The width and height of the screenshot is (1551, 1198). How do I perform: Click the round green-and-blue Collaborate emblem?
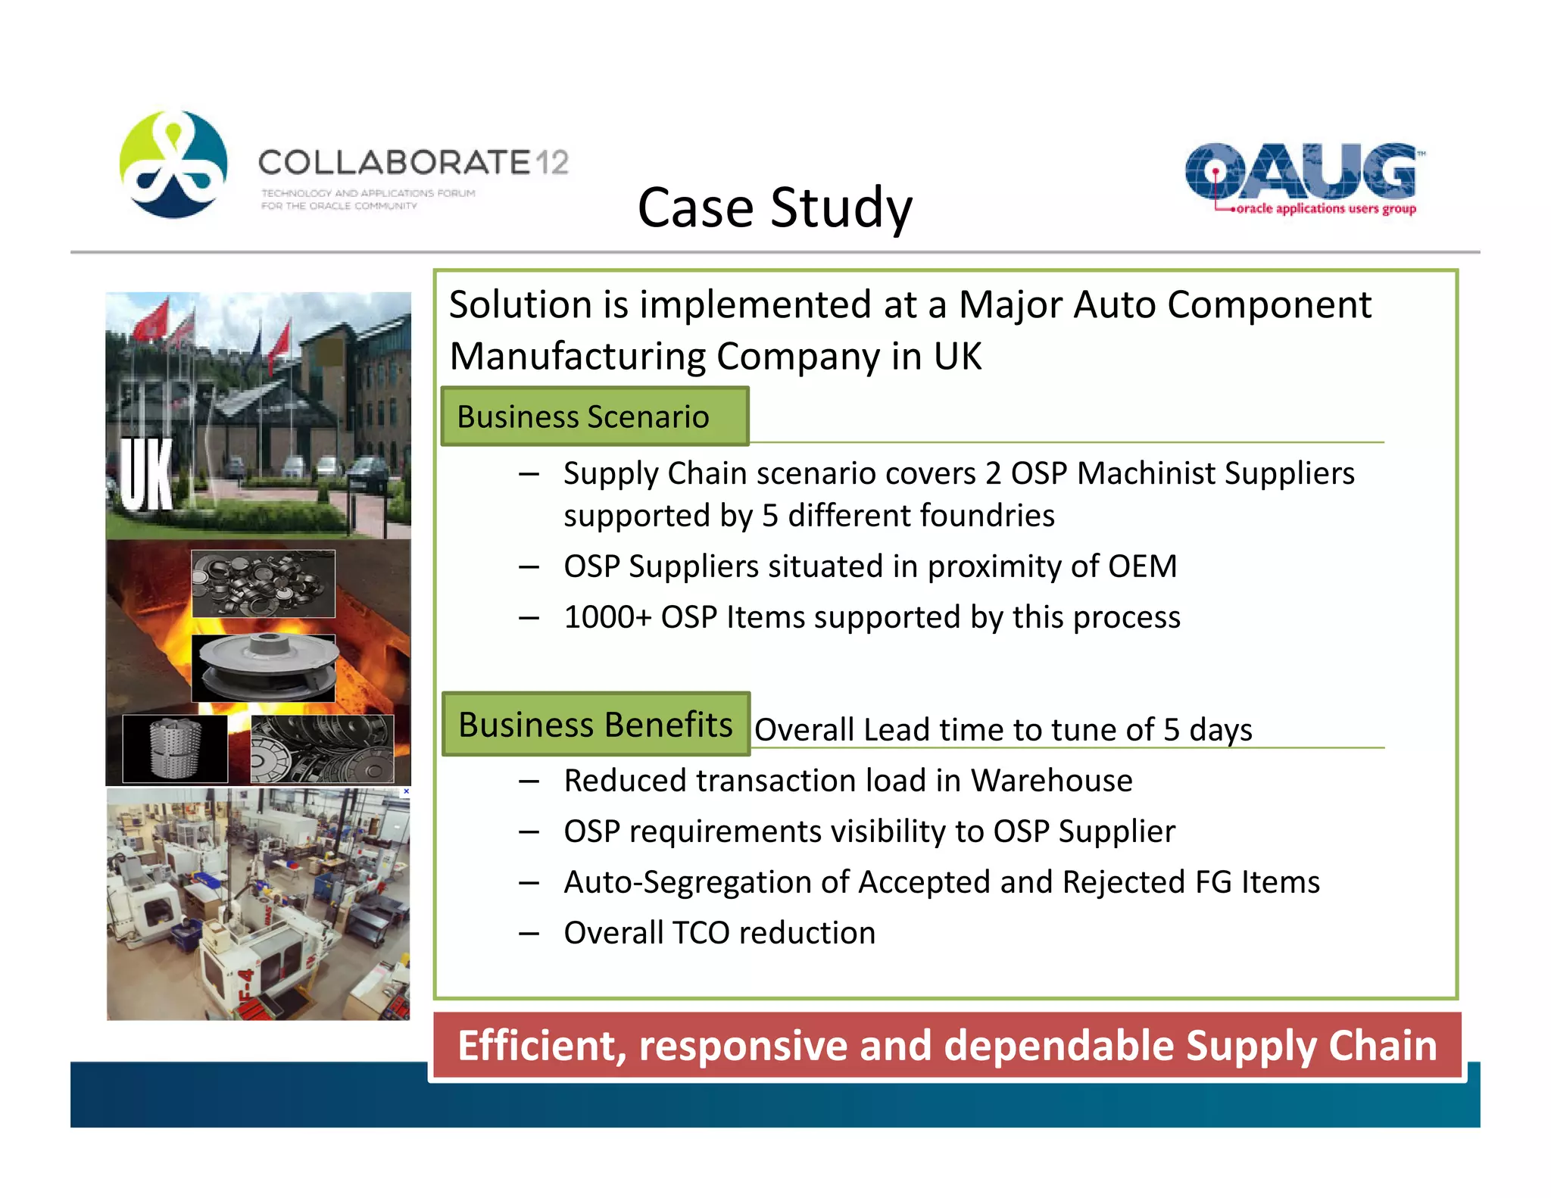(x=173, y=164)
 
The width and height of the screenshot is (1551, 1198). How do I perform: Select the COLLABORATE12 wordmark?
(x=413, y=162)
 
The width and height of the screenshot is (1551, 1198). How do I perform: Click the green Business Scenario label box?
(x=594, y=416)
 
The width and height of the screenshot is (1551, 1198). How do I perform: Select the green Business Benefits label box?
(x=596, y=724)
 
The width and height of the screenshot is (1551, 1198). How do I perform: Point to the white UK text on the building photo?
(x=147, y=474)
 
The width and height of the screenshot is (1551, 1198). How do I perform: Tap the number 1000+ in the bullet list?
(x=607, y=617)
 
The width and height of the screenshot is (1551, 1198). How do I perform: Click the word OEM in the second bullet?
(x=1142, y=566)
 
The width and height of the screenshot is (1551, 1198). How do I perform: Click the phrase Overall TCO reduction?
(x=719, y=933)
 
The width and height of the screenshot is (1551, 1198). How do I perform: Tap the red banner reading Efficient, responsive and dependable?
(x=947, y=1046)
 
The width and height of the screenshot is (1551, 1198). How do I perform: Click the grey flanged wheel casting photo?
(x=263, y=668)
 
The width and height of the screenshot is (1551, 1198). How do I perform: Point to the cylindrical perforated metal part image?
(x=175, y=748)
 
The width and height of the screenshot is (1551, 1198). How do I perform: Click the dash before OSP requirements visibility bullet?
(x=529, y=832)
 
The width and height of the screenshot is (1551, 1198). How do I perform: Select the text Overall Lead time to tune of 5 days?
(x=1003, y=730)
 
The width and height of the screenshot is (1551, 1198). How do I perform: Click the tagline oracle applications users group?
(x=1325, y=208)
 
